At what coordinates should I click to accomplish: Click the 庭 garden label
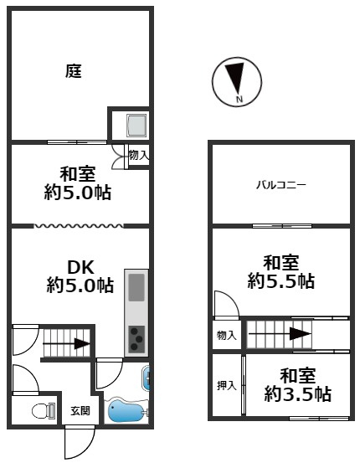[74, 71]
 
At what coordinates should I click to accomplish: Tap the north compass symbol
[237, 82]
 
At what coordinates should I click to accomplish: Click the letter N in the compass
[239, 99]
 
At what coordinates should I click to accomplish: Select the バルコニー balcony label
[281, 185]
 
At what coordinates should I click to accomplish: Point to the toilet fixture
[44, 411]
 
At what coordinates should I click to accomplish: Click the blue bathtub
[126, 410]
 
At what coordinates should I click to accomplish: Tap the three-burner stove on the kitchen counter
[136, 339]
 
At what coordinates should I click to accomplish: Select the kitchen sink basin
[136, 287]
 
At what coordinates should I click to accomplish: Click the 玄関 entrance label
[80, 411]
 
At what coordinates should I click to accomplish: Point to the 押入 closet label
[227, 386]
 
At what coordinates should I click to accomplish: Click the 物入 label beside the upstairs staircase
[227, 336]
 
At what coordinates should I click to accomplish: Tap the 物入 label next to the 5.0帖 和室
[139, 155]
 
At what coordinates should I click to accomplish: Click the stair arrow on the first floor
[66, 343]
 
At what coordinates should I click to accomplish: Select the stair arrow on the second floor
[280, 334]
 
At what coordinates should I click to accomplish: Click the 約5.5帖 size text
[281, 280]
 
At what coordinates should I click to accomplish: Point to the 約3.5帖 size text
[297, 394]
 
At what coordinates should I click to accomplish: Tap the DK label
[81, 267]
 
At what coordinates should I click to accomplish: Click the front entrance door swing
[80, 442]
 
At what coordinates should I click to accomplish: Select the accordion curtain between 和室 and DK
[78, 226]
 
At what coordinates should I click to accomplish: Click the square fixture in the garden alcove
[136, 125]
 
